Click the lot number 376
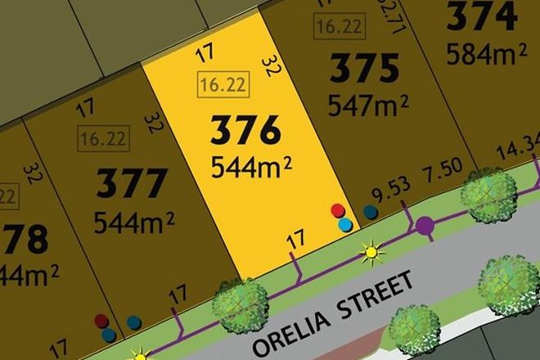245,131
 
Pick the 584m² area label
486,53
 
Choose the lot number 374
483,16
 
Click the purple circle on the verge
425,226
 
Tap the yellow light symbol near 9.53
373,253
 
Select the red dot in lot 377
101,320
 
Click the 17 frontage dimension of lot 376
296,240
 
